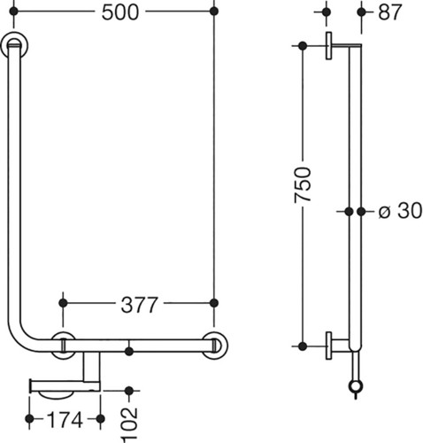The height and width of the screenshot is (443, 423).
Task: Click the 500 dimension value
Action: (x=120, y=12)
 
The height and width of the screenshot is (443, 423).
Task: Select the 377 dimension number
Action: (x=139, y=305)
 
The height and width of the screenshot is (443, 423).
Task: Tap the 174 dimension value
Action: (x=65, y=420)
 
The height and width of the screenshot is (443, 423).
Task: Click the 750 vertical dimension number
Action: (x=303, y=185)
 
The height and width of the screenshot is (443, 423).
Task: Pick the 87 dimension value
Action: (x=390, y=12)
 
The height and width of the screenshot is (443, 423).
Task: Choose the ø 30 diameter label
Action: (x=400, y=211)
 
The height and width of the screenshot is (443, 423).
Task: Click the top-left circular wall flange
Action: (x=14, y=45)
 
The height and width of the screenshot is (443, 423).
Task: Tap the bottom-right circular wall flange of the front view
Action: (x=215, y=346)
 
